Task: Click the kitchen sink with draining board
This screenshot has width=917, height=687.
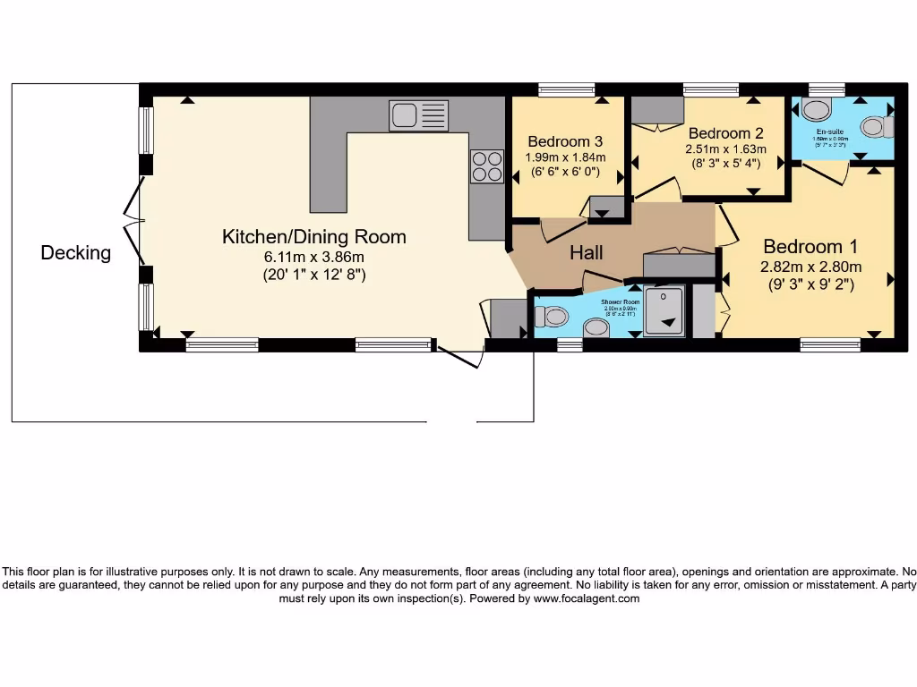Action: pyautogui.click(x=418, y=115)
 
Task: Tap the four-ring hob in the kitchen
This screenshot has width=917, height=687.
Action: pyautogui.click(x=487, y=165)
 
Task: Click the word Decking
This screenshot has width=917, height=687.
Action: pyautogui.click(x=76, y=253)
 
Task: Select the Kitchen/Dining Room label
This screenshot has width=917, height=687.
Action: pyautogui.click(x=313, y=237)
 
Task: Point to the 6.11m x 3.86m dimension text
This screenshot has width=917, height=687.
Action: pyautogui.click(x=314, y=258)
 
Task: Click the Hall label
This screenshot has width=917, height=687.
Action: pyautogui.click(x=587, y=253)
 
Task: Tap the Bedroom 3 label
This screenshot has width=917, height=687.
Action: pyautogui.click(x=564, y=141)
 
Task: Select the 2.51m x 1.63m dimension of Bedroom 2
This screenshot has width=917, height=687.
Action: pyautogui.click(x=725, y=149)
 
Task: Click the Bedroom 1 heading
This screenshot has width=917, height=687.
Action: pyautogui.click(x=803, y=247)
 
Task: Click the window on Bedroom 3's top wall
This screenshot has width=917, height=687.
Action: pyautogui.click(x=566, y=89)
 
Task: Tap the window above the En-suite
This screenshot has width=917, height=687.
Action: pyautogui.click(x=820, y=89)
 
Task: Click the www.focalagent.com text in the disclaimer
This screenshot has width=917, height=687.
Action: pyautogui.click(x=587, y=598)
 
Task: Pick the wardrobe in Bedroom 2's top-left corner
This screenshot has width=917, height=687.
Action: pyautogui.click(x=657, y=110)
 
